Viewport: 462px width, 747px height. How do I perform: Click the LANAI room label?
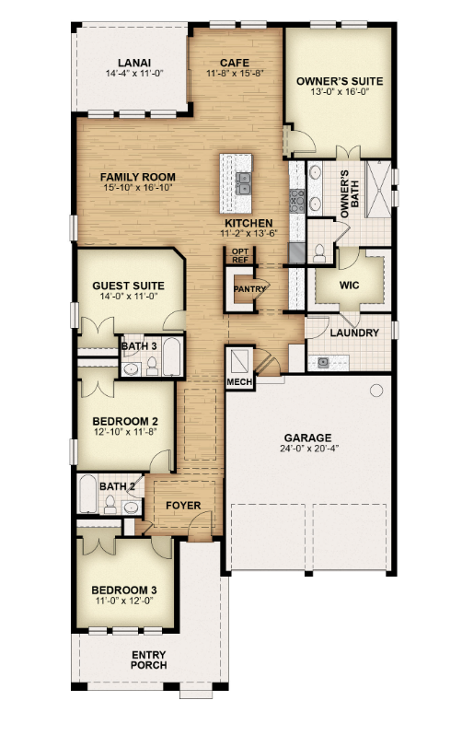coord(134,63)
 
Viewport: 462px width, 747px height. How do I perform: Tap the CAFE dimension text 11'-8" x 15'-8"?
coord(235,74)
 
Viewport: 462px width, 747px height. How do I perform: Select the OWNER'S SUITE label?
coord(340,81)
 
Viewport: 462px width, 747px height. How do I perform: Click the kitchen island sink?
coord(243,183)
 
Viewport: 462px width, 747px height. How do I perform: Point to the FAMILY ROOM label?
coord(138,177)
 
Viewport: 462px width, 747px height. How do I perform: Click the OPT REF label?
coord(240,256)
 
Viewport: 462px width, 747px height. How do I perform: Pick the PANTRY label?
coord(249,289)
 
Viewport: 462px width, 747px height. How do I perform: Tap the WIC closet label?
coord(349,286)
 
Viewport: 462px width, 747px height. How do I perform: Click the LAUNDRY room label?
coord(354,333)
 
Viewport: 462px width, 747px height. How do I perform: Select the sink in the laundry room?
coord(323,363)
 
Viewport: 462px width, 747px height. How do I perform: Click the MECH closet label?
coord(240,382)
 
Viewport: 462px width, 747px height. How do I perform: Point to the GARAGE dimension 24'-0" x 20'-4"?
coord(309,449)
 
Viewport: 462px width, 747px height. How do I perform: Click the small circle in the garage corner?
coord(376,391)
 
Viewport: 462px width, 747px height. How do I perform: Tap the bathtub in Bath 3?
coord(172,356)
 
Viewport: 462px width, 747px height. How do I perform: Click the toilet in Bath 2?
coord(110,504)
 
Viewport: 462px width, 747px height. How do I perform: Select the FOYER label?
coord(183,506)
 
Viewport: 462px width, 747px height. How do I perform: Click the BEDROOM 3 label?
coord(124,590)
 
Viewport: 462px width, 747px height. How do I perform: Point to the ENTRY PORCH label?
coord(149,659)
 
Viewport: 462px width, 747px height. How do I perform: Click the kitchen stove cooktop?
coord(297,201)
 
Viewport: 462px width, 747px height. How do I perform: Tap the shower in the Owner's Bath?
coord(378,189)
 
